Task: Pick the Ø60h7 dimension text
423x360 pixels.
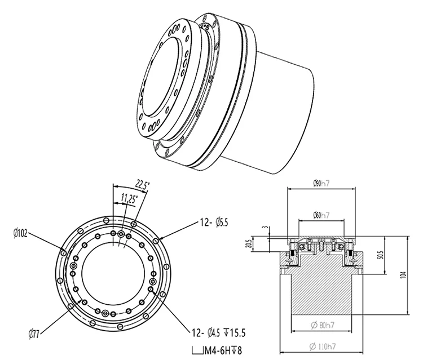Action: (321, 214)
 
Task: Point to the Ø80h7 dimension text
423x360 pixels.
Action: (321, 325)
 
